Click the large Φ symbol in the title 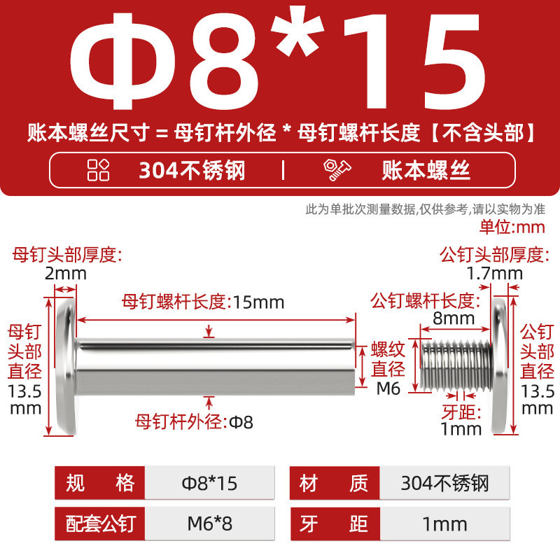coord(117,62)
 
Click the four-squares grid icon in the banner coord(98,169)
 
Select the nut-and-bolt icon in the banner coord(337,170)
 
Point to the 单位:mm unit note coord(512,227)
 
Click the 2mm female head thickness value coord(66,274)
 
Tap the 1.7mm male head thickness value coord(495,274)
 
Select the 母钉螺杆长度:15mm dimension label coord(203,302)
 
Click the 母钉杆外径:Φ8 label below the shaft coord(194,422)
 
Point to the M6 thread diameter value coord(388,388)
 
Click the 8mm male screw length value coord(454,318)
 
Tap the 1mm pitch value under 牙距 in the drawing coord(461,428)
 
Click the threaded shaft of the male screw coord(456,365)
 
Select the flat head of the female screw coord(66,366)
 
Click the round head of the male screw coord(499,366)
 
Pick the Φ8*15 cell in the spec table coord(209,483)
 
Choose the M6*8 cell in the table coord(209,524)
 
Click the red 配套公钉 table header coord(99,524)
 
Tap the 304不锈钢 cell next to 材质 coord(444,483)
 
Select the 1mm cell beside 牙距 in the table coord(444,524)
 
